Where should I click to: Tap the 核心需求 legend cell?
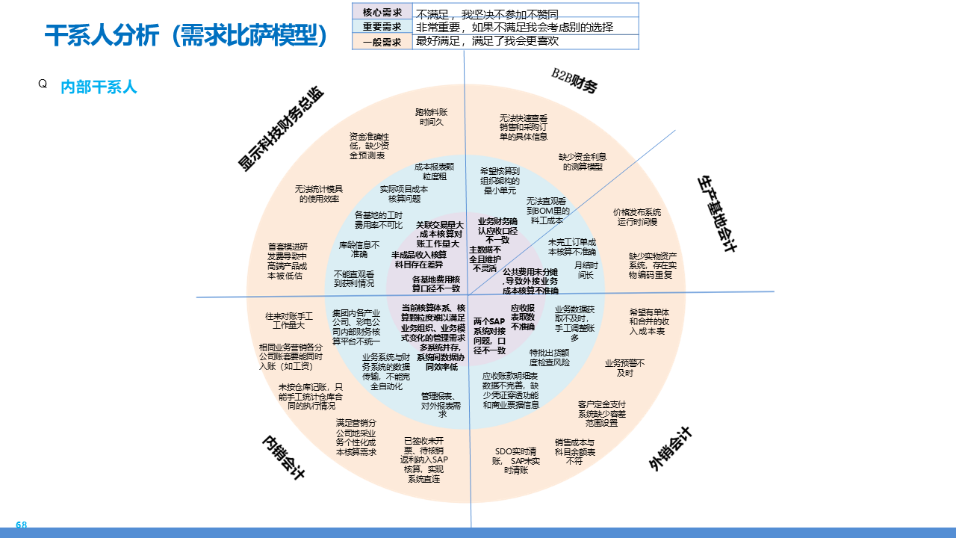point(382,12)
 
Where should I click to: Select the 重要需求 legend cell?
point(382,27)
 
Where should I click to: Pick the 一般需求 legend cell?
point(382,42)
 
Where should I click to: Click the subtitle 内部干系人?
point(99,87)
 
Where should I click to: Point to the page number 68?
point(21,525)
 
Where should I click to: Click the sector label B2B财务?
point(574,81)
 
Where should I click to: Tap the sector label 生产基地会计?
point(717,214)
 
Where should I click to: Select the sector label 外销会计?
point(671,449)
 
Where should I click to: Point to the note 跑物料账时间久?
point(432,117)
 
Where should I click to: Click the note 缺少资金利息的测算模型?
point(583,161)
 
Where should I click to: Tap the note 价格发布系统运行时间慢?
point(637,217)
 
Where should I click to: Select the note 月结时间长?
point(586,270)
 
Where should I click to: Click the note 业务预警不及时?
point(625,368)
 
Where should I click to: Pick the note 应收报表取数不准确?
point(523,317)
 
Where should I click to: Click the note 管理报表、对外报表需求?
point(441,404)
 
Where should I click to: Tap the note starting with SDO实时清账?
point(516,460)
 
